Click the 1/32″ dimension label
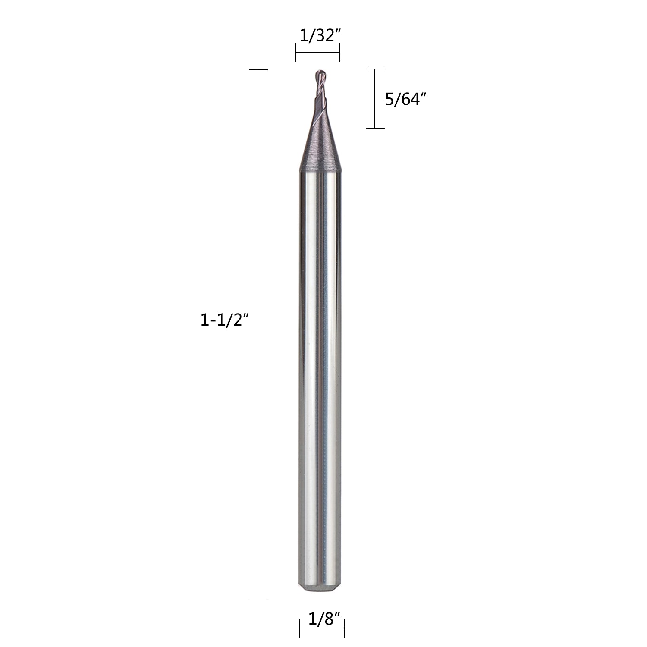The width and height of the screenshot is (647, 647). [318, 36]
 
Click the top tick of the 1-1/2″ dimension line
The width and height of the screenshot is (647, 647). [258, 69]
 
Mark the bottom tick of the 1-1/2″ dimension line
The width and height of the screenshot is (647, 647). [258, 600]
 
